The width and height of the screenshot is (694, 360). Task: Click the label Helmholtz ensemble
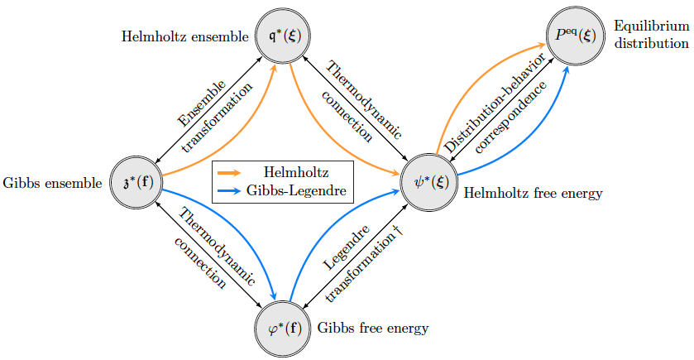point(184,36)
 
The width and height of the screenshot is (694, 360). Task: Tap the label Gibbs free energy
point(373,328)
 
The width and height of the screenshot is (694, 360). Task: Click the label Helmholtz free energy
point(533,194)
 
